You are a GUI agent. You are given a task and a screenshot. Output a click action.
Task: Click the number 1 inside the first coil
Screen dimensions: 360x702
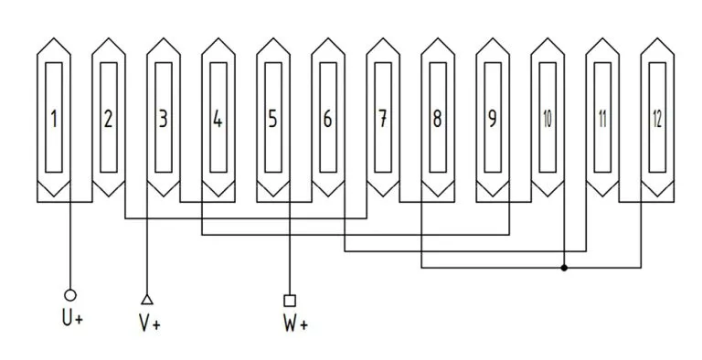pos(55,119)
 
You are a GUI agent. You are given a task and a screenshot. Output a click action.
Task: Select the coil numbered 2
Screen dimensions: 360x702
pos(108,119)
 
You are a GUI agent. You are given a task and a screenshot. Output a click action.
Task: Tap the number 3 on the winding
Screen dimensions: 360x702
pos(163,119)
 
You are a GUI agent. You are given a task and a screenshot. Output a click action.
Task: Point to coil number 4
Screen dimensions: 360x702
pos(218,119)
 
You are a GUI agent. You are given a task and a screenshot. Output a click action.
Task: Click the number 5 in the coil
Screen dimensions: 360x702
pos(272,119)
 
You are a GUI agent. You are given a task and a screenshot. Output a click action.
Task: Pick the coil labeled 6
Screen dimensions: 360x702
pos(327,119)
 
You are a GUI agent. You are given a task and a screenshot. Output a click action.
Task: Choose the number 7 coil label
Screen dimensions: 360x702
pos(382,119)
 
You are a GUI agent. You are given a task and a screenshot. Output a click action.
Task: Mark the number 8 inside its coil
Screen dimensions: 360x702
pos(437,119)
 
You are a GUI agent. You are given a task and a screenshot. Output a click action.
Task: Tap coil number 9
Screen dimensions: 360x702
pos(492,119)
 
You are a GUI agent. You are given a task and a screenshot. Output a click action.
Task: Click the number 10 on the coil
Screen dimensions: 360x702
pos(547,119)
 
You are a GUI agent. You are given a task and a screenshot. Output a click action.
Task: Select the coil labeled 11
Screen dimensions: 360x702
pos(601,119)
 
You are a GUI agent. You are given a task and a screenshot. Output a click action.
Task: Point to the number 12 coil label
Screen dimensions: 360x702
pos(657,119)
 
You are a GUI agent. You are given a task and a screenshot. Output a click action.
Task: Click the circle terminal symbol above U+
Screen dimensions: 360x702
pos(70,295)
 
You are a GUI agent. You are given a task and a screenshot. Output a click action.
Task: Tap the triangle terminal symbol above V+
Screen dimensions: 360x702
pos(147,298)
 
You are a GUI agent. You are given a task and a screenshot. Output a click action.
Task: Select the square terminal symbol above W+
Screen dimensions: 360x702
pos(290,300)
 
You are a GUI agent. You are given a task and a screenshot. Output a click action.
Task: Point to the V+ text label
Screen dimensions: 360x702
pos(149,323)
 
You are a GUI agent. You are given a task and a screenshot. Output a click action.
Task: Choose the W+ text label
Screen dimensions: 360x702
pos(292,323)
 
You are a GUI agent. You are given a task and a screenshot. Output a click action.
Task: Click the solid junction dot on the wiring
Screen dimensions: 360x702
pos(564,268)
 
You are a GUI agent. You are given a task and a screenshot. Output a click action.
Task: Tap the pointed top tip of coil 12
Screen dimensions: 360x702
pos(657,39)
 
